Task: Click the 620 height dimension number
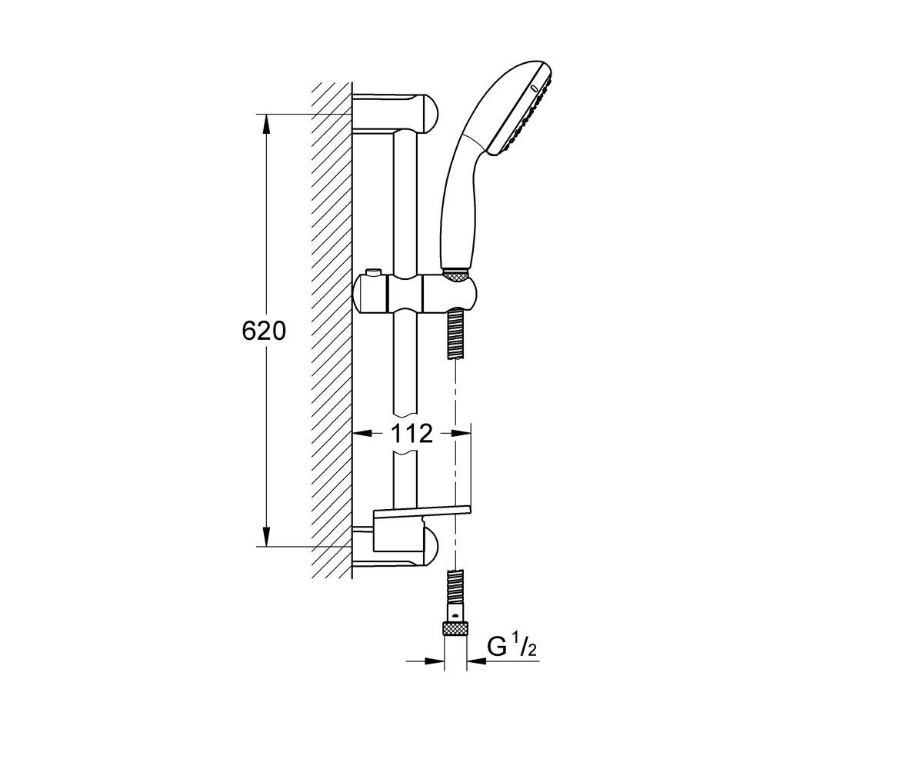tap(264, 331)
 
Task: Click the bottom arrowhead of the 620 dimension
tap(265, 537)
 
